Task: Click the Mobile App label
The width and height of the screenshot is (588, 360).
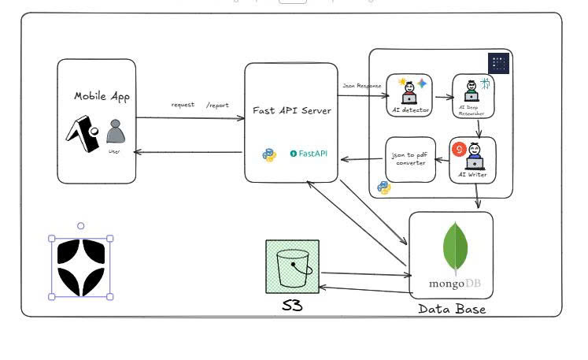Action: [102, 96]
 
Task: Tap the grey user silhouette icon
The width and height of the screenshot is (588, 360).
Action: [116, 131]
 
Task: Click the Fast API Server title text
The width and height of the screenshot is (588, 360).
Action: [291, 110]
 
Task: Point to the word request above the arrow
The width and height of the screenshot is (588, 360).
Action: [183, 105]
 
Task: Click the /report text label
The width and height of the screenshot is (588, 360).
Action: [217, 105]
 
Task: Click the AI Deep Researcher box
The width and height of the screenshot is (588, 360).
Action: [472, 96]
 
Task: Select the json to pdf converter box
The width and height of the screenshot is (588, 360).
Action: [409, 159]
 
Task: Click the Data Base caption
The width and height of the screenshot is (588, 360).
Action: [451, 310]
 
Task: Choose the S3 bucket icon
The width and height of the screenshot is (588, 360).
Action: [293, 266]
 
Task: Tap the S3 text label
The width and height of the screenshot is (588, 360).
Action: [292, 306]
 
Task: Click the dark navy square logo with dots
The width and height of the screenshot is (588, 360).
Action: [499, 64]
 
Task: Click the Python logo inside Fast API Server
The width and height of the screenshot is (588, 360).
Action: [269, 154]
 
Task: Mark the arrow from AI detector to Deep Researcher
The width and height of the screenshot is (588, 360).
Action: [442, 97]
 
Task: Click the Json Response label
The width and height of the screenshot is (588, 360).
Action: [362, 85]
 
